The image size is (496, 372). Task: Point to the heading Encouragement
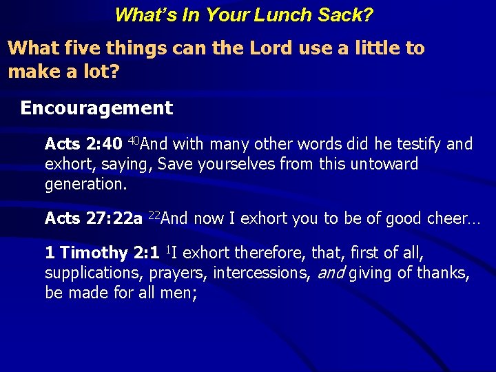(96, 108)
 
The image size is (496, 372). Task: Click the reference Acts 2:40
(83, 144)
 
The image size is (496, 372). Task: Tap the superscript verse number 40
(134, 141)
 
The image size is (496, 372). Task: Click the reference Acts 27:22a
(94, 219)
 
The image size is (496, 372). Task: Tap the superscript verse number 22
(154, 216)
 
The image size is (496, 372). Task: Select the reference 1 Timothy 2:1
(102, 253)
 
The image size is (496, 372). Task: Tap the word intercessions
(261, 273)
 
